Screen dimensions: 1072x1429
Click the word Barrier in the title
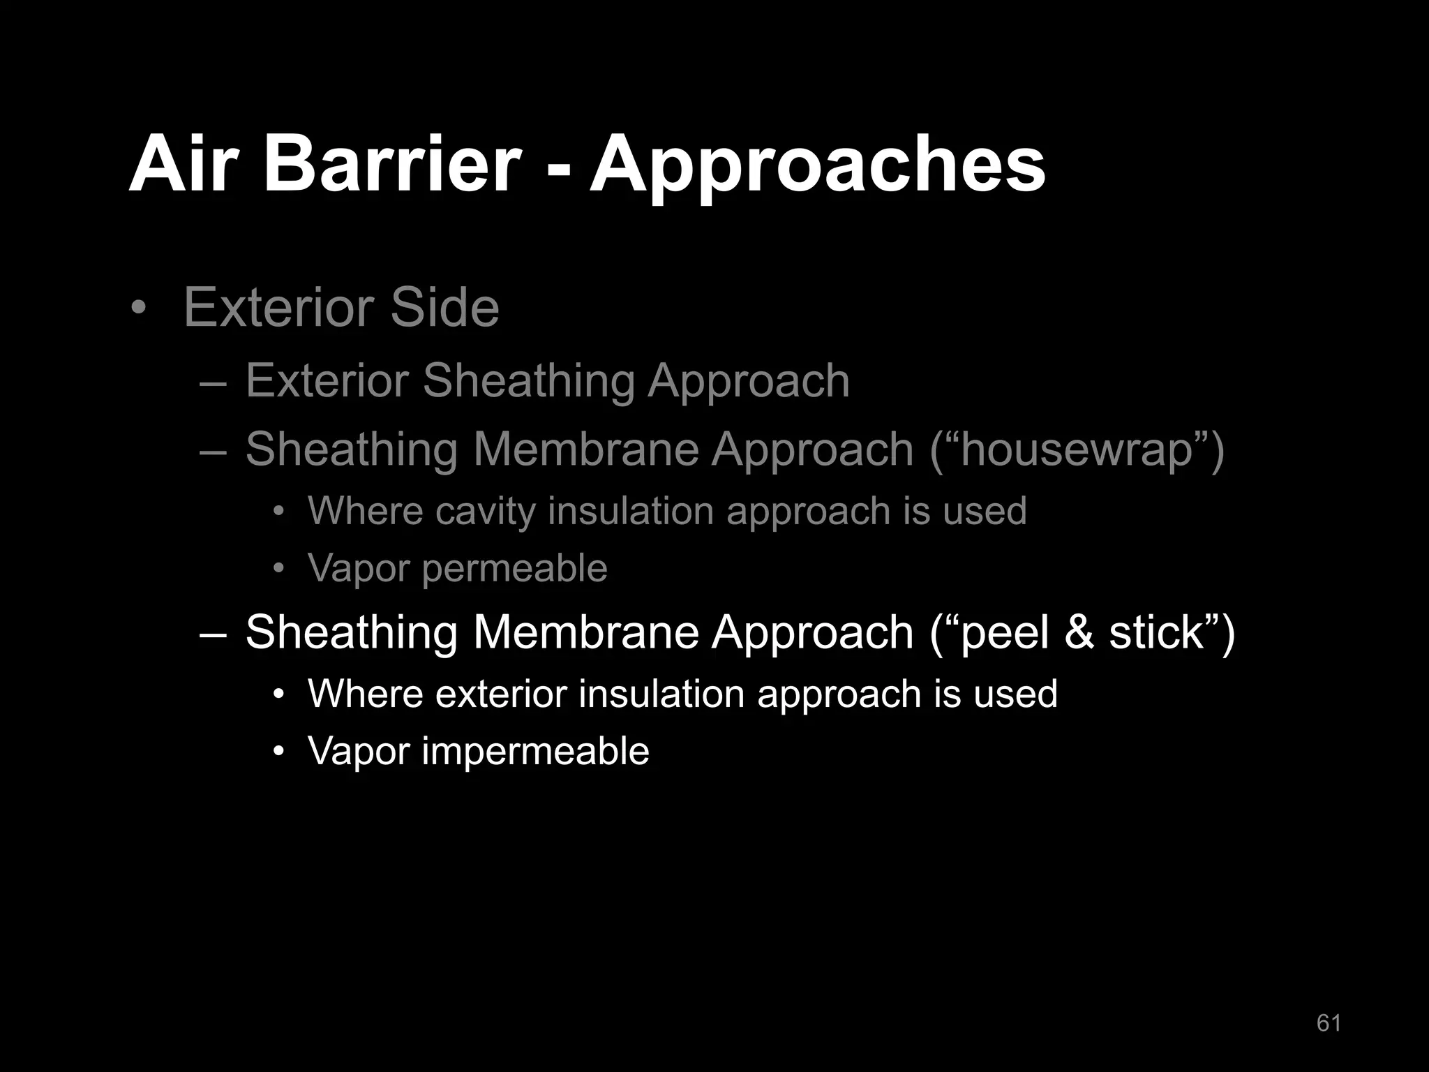(x=391, y=165)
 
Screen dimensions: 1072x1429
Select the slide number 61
(x=1329, y=1022)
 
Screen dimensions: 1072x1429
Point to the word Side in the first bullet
(x=444, y=307)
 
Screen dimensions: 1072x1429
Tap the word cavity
(x=486, y=512)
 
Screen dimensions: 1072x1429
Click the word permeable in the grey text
(x=514, y=569)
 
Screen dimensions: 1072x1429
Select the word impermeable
(x=535, y=752)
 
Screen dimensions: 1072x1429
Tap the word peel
(x=1004, y=633)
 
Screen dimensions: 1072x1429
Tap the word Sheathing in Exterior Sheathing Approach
(x=528, y=382)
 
